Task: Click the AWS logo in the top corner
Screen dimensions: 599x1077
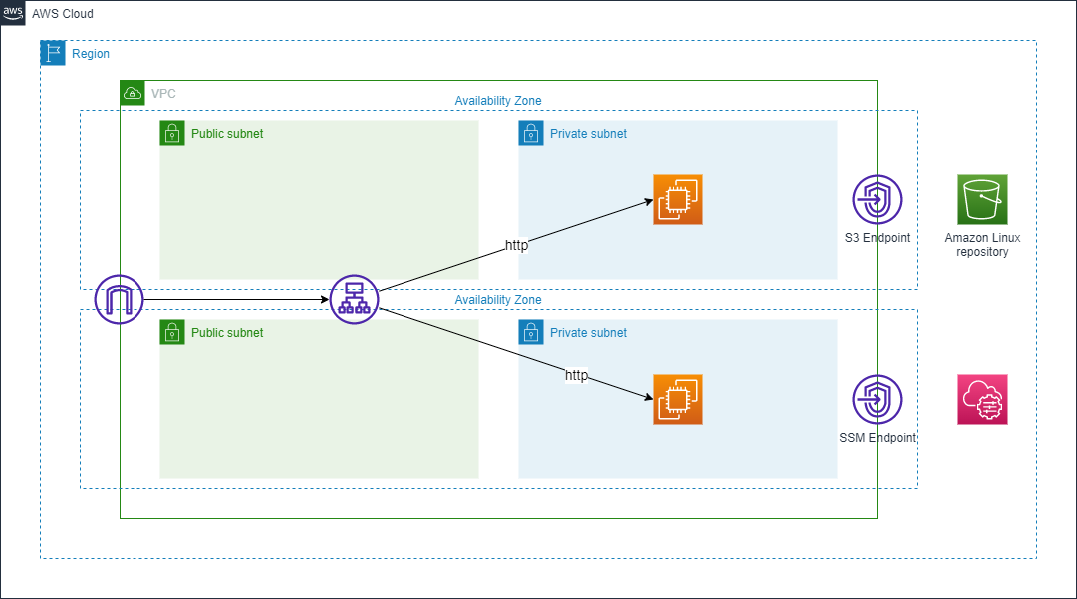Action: coord(14,14)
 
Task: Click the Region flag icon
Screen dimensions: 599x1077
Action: coord(53,53)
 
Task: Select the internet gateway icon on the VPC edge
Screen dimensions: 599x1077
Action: coord(120,299)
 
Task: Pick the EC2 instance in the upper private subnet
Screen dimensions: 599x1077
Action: coord(677,199)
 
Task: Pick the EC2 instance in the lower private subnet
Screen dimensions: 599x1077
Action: coord(677,399)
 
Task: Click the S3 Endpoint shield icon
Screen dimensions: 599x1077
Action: coord(877,199)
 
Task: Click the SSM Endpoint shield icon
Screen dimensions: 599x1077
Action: coord(877,399)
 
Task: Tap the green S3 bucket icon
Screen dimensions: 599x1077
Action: coord(982,199)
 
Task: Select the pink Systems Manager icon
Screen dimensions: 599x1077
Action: coord(982,399)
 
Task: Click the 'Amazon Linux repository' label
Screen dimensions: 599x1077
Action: coord(982,245)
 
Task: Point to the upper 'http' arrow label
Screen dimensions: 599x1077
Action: coord(516,245)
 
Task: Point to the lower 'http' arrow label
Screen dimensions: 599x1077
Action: coord(576,376)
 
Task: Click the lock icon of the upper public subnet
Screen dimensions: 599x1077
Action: coord(172,133)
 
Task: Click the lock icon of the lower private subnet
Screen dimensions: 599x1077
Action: coord(531,332)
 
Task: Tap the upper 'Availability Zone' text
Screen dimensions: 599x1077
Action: coord(498,101)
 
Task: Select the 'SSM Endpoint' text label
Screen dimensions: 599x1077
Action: coord(877,438)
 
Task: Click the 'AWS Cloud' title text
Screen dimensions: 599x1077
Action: coord(63,14)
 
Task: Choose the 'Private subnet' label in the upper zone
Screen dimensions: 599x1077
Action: coord(588,133)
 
